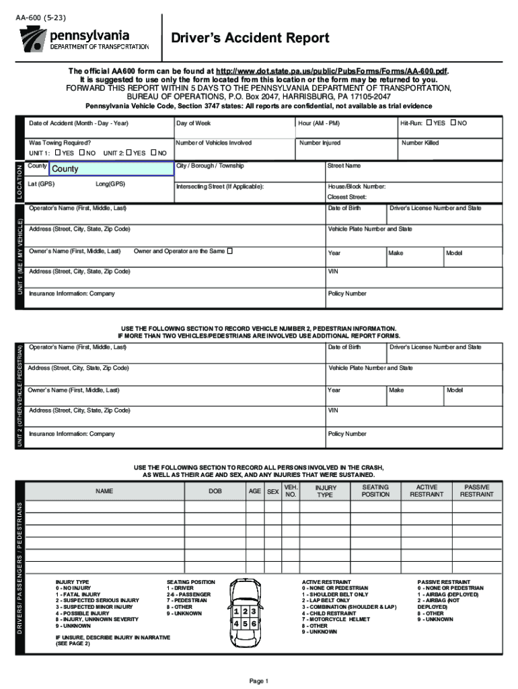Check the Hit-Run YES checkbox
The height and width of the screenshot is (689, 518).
coord(430,123)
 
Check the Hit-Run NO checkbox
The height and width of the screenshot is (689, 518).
coord(453,123)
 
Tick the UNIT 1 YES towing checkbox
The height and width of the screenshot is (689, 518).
coord(57,153)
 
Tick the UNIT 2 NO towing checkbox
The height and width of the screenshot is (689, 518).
coord(153,153)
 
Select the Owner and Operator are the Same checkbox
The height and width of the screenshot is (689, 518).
coord(229,251)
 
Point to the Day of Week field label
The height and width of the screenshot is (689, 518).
coord(194,124)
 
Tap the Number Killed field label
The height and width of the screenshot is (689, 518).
coord(420,143)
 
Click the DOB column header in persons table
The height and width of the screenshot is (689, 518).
coord(215,492)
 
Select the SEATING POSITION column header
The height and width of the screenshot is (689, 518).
coord(375,491)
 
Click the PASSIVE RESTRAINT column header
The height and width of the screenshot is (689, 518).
coord(476,491)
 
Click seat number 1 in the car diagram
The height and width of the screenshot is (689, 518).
coord(237,612)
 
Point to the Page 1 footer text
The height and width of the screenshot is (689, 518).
coord(259,681)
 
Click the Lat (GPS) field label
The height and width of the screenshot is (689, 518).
coord(42,184)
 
